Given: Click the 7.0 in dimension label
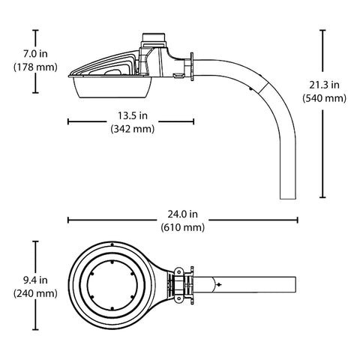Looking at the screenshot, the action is coord(35,54).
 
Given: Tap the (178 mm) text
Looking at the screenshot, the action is coord(35,67).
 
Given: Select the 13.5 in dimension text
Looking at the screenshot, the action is coord(133,115).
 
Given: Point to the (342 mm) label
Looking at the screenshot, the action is coord(133,129).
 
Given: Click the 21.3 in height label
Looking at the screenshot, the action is coord(324,85).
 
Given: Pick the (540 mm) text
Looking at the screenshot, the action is coord(324,98).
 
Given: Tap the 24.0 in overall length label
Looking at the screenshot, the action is coord(183,214).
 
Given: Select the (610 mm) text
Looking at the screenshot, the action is coord(183,227).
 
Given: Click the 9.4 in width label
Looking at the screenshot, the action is coord(35,280).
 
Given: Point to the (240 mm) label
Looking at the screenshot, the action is coord(35,293).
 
